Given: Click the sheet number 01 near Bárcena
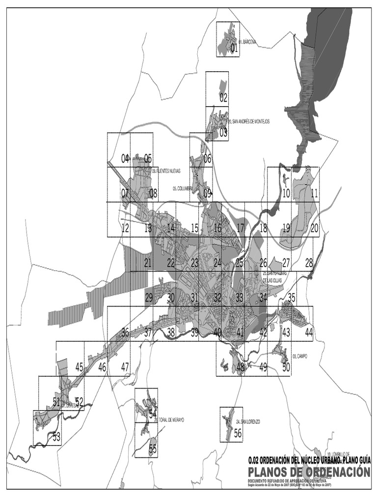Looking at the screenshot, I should click(x=234, y=48).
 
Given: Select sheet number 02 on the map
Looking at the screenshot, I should click(x=223, y=98).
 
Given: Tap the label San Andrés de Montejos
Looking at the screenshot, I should click(x=249, y=121).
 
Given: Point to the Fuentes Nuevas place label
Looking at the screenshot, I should click(x=166, y=171).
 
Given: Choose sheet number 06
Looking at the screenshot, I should click(x=207, y=159).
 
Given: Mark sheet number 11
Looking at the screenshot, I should click(x=314, y=193).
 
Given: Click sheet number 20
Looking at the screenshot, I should click(x=314, y=227).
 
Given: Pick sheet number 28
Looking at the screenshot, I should click(x=309, y=263).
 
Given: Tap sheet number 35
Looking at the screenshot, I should click(x=292, y=297).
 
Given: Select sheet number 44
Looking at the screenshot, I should click(x=309, y=332).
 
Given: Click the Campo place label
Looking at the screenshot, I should click(x=299, y=356).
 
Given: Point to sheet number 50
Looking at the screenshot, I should click(x=286, y=366).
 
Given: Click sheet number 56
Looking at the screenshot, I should click(x=238, y=433).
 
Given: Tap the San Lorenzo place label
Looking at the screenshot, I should click(x=247, y=422).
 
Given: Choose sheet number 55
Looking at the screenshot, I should click(x=153, y=448).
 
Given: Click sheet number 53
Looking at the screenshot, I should click(x=56, y=436).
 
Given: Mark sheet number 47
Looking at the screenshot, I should click(x=125, y=366).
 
